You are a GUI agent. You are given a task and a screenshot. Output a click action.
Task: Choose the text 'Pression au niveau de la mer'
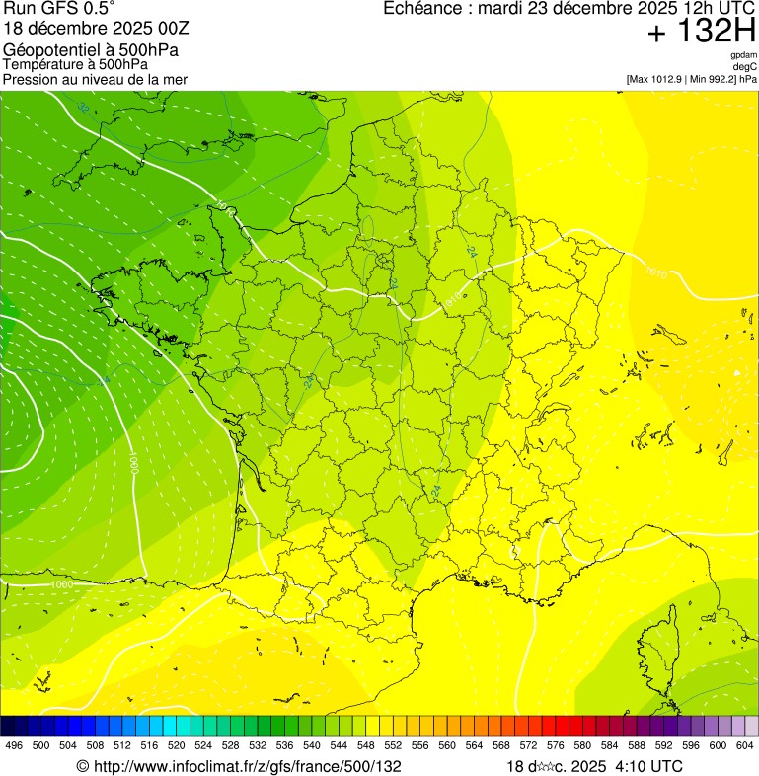click(95, 79)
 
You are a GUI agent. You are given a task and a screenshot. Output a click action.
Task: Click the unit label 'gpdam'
click(743, 55)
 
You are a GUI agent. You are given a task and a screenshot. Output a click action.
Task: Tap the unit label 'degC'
click(745, 67)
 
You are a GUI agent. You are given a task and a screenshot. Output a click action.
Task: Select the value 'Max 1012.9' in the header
click(656, 79)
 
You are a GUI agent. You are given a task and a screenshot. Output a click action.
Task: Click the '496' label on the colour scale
click(13, 745)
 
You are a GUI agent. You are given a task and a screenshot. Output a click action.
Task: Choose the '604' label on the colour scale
click(744, 745)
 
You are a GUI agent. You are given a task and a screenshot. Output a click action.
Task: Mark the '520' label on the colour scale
click(178, 745)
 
